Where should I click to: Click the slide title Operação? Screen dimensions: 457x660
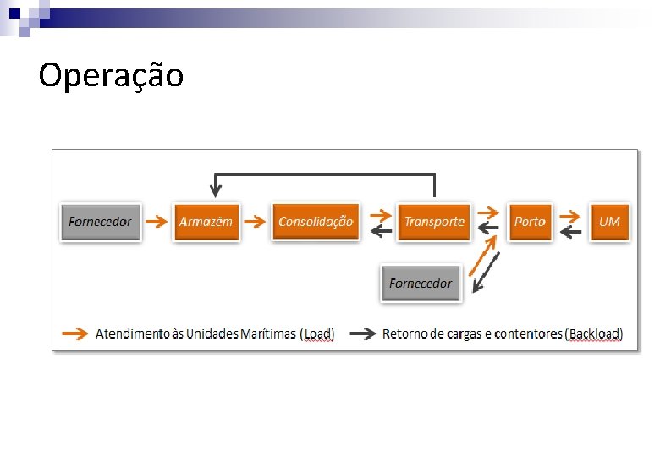[111, 75]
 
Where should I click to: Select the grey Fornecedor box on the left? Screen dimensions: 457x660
[100, 222]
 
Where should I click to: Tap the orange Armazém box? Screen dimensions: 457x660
[206, 222]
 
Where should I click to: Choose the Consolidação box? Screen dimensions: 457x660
[315, 222]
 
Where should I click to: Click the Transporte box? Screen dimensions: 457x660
[433, 222]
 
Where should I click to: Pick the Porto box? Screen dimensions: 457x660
[530, 222]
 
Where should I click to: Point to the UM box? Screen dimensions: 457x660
[609, 222]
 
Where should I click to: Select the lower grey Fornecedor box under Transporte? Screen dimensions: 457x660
[421, 284]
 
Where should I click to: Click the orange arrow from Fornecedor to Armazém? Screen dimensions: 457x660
[157, 222]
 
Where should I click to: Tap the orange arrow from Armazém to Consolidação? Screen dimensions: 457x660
[255, 222]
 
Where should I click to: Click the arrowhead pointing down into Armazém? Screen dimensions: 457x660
[216, 192]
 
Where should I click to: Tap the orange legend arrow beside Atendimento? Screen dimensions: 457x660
[75, 333]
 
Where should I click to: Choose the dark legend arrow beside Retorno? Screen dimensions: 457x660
[363, 333]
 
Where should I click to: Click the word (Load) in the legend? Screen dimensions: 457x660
[318, 333]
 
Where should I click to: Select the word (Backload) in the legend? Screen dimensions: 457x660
[594, 333]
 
